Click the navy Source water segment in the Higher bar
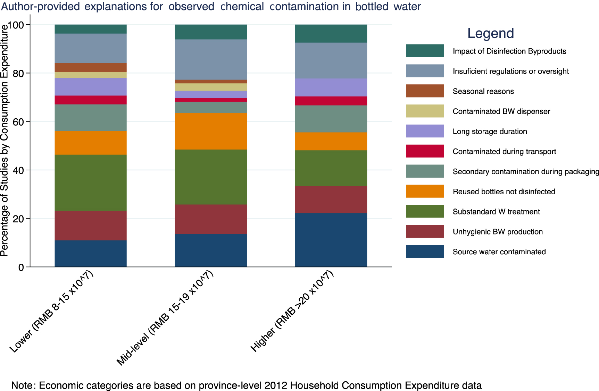pyautogui.click(x=331, y=240)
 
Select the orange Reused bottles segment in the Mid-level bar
pyautogui.click(x=211, y=131)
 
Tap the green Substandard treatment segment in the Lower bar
pyautogui.click(x=91, y=182)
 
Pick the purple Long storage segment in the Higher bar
pyautogui.click(x=331, y=87)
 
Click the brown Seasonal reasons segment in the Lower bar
pyautogui.click(x=91, y=67)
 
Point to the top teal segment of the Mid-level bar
pyautogui.click(x=211, y=32)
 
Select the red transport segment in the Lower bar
pyautogui.click(x=91, y=100)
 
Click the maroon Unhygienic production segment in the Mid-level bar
pyautogui.click(x=211, y=219)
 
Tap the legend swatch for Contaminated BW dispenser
pyautogui.click(x=425, y=111)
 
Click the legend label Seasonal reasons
pyautogui.click(x=483, y=91)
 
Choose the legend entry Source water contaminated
pyautogui.click(x=499, y=252)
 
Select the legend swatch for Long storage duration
pyautogui.click(x=425, y=131)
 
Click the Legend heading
pyautogui.click(x=490, y=33)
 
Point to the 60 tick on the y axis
pyautogui.click(x=20, y=122)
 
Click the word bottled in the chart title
pyautogui.click(x=372, y=6)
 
